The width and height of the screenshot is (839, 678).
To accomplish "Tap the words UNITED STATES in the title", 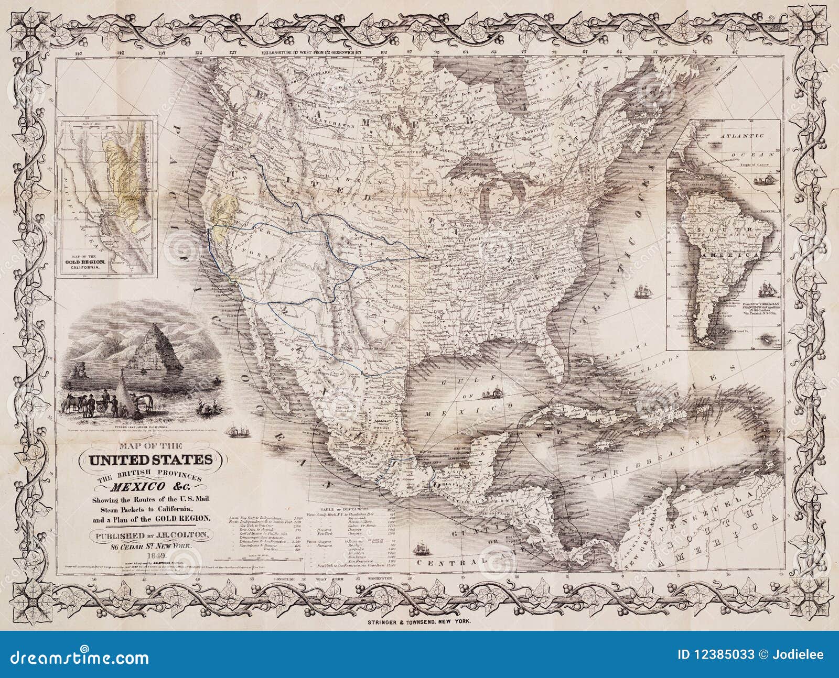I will (146, 460).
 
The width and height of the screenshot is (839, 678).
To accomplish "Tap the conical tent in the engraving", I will (123, 388).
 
